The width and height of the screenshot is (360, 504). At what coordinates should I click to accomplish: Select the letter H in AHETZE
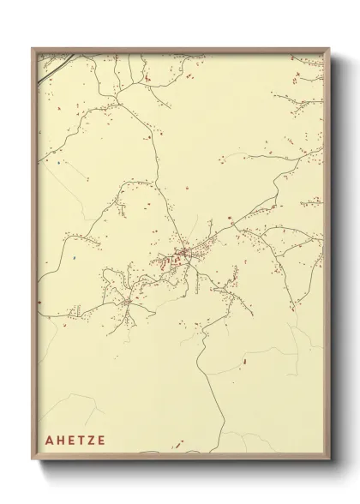61,441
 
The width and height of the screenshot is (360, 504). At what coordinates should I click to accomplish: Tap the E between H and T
71,441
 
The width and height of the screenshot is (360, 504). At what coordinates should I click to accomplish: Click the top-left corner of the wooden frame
32,46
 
